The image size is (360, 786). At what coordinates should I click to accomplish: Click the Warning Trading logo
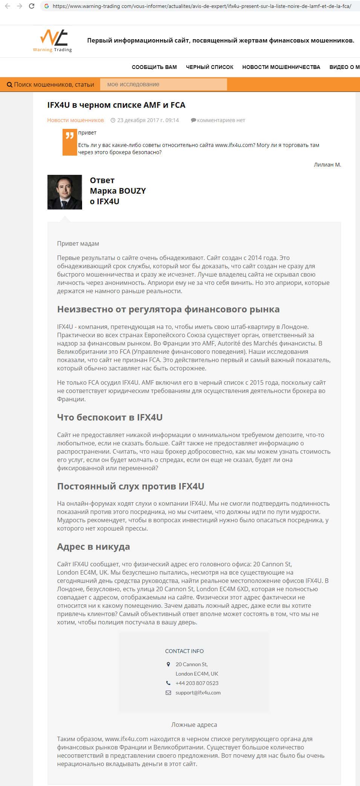coord(52,40)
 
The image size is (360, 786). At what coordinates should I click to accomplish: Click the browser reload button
coord(32,6)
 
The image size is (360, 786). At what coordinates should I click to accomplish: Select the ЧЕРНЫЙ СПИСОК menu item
coord(209,67)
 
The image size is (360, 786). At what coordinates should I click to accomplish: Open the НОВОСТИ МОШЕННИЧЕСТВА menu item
coord(281,67)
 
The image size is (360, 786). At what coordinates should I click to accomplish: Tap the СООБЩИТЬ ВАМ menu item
coord(154,67)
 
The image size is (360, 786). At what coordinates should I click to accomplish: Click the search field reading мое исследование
coord(163,84)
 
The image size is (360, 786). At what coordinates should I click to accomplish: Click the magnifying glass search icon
coord(10,85)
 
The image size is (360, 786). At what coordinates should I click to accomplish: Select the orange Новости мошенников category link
coord(75,120)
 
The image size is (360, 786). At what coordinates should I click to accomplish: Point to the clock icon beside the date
coord(113,120)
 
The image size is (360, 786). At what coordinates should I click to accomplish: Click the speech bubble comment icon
coord(193,120)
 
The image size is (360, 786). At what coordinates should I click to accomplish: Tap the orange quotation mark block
coord(70,142)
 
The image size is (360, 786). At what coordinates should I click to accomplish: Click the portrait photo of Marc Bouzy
coord(65,192)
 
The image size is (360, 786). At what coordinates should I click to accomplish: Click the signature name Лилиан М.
coord(327,165)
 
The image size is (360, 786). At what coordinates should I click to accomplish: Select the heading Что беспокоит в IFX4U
coord(110,417)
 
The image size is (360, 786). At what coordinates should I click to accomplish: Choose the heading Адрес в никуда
coord(93,546)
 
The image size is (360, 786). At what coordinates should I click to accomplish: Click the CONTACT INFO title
coord(184,651)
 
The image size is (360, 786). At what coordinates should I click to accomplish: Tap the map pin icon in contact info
coord(168,664)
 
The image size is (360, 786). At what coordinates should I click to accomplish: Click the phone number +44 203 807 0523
coord(197,683)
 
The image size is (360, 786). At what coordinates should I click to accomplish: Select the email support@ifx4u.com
coord(198,693)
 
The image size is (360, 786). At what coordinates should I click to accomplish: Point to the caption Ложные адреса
coord(194,725)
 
